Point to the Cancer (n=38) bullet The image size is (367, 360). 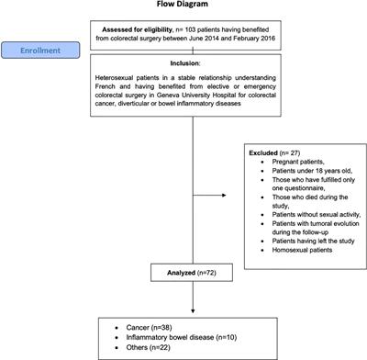tap(150, 325)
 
